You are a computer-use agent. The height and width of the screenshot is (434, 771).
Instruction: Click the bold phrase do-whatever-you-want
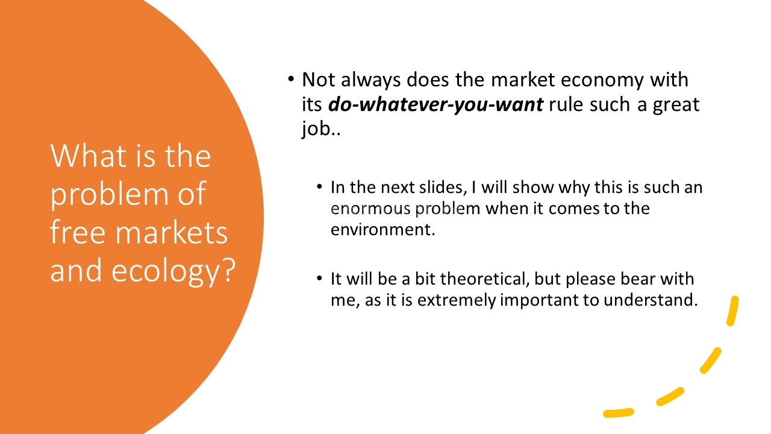(x=435, y=104)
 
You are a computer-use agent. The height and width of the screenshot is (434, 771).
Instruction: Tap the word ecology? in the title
(x=173, y=271)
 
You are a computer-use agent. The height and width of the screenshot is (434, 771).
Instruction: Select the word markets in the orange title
(x=171, y=233)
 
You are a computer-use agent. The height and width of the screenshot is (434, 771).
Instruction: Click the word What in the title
(x=88, y=156)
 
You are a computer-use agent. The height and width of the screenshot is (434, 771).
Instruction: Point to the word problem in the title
(x=110, y=195)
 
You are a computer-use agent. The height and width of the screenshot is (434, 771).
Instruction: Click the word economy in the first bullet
(x=602, y=81)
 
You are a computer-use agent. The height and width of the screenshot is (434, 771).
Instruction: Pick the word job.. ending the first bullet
(x=322, y=129)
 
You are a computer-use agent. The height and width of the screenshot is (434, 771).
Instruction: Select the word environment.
(x=382, y=230)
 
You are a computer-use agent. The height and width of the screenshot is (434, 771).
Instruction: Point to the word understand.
(x=651, y=300)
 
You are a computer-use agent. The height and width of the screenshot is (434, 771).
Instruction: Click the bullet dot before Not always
(x=291, y=79)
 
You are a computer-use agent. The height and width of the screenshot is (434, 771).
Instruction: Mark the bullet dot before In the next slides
(x=319, y=187)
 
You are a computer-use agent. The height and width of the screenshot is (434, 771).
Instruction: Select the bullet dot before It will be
(x=319, y=278)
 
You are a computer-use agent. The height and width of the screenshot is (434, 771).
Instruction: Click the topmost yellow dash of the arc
(x=732, y=310)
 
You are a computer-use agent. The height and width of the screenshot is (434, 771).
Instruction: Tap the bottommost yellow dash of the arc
(x=618, y=413)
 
